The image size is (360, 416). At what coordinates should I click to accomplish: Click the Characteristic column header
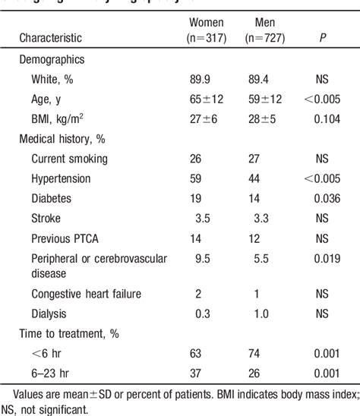62,36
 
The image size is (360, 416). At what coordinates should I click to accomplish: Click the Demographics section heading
52,58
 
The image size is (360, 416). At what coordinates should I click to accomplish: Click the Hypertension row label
61,178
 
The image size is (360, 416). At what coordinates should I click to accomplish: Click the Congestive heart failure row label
86,293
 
